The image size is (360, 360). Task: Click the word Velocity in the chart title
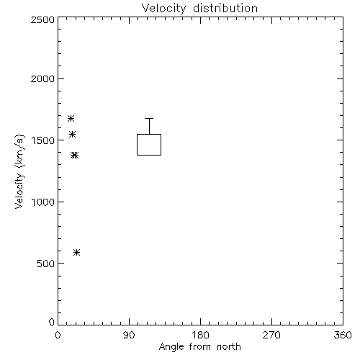click(x=163, y=9)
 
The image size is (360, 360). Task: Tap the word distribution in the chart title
click(x=225, y=8)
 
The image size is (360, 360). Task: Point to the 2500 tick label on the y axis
click(x=42, y=19)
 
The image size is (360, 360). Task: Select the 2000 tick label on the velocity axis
click(x=42, y=78)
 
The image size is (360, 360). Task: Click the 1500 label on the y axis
click(x=43, y=140)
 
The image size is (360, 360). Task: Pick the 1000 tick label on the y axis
click(x=43, y=202)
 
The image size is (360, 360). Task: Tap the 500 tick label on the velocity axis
click(x=45, y=264)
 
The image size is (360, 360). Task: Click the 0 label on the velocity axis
click(x=52, y=322)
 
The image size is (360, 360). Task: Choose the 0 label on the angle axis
click(x=58, y=335)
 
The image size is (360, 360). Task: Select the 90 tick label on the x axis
click(x=129, y=335)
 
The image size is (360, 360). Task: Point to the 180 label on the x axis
click(x=200, y=335)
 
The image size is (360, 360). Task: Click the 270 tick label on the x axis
click(x=271, y=335)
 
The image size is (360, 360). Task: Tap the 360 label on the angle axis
click(x=343, y=335)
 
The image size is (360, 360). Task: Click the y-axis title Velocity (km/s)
click(x=19, y=171)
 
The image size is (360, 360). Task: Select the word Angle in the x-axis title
click(x=171, y=347)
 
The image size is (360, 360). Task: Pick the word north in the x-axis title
click(x=229, y=347)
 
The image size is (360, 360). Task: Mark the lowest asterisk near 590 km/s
click(x=76, y=252)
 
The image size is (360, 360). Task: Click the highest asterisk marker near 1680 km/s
click(x=71, y=118)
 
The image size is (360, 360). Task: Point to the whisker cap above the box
click(x=149, y=118)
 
